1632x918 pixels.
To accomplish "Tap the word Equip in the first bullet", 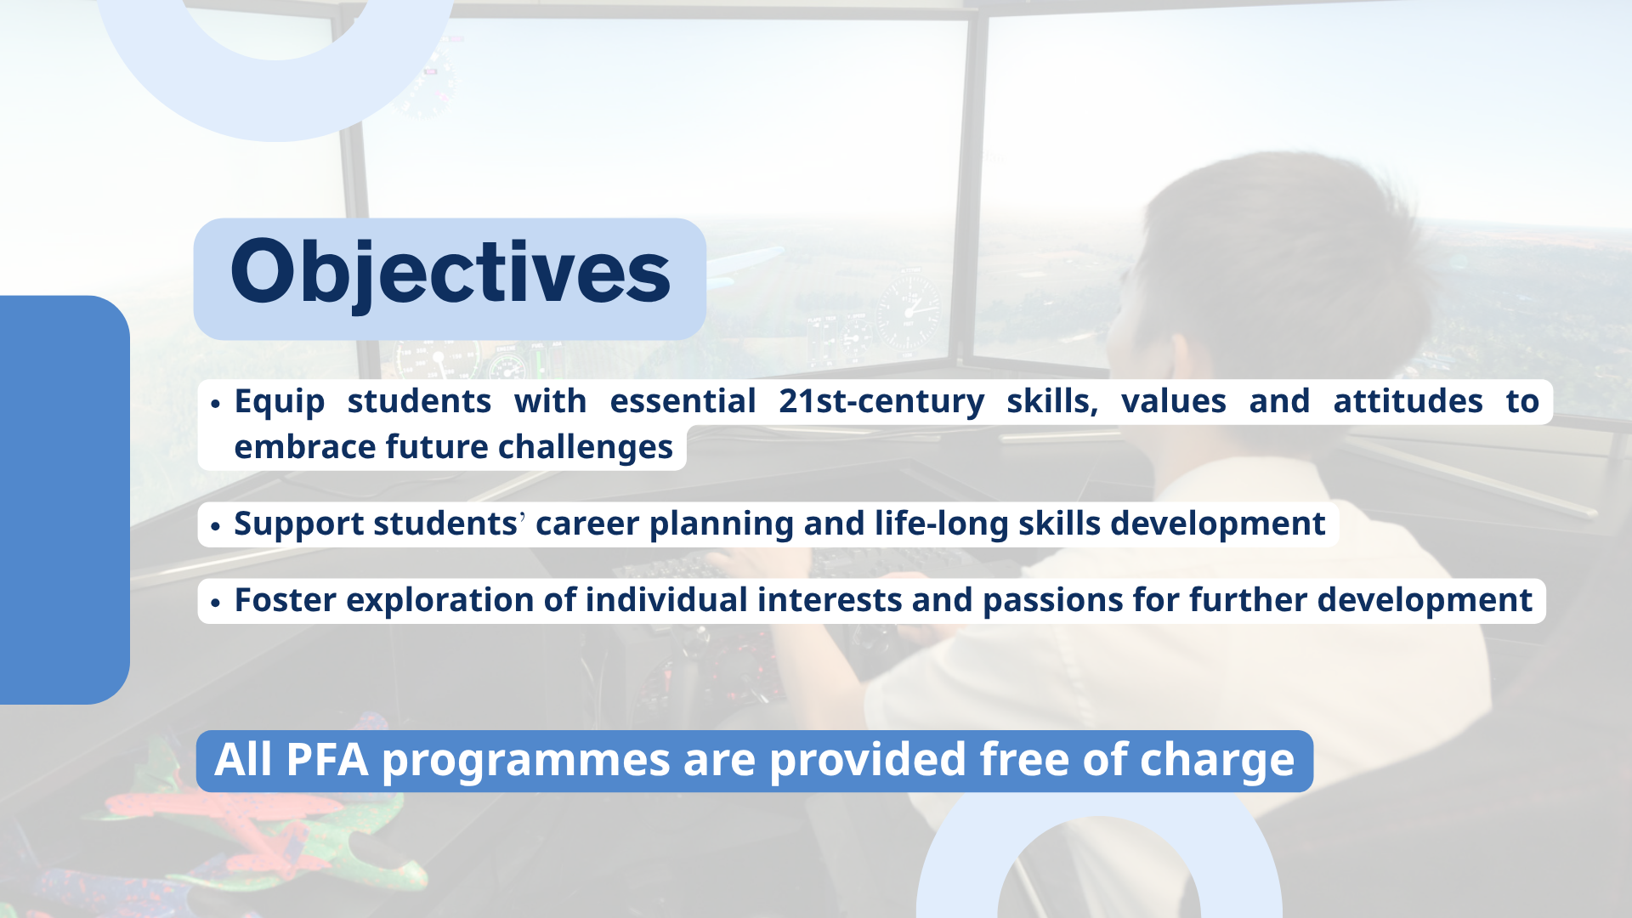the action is (x=280, y=402).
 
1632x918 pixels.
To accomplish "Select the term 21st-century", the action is (x=881, y=401).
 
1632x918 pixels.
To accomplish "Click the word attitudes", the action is (x=1408, y=401).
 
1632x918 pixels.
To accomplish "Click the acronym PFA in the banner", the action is (x=327, y=760).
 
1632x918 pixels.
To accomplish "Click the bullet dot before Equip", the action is (x=215, y=404).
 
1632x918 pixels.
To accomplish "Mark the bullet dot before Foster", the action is (x=215, y=603).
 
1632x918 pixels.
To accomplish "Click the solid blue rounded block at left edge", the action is (x=65, y=500).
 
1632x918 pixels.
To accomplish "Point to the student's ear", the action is (x=1181, y=357).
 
